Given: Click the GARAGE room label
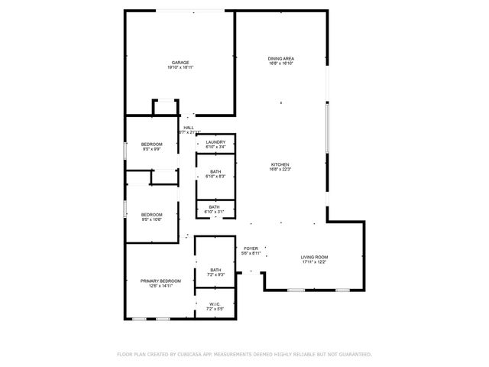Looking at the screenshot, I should [180, 63].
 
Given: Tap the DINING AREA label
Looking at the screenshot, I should [281, 58].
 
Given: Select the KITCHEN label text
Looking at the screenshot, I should [281, 164].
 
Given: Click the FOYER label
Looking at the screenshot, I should [251, 248].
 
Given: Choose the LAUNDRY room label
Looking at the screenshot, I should [215, 141].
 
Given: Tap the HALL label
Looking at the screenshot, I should [188, 128].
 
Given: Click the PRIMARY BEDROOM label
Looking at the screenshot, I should [160, 281].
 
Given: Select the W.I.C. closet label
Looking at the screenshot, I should [215, 304].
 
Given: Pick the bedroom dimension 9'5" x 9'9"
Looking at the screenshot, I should [151, 149].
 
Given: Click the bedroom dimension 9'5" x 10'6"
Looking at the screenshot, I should [151, 219].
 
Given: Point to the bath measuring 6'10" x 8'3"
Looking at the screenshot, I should [215, 177].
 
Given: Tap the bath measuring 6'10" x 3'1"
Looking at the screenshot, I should [215, 212].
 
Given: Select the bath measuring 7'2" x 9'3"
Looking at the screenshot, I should [215, 274].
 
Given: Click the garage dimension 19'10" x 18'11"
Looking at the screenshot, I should [180, 68].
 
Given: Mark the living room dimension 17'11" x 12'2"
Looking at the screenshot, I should [314, 261].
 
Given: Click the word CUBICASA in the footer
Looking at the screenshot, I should [189, 355].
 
